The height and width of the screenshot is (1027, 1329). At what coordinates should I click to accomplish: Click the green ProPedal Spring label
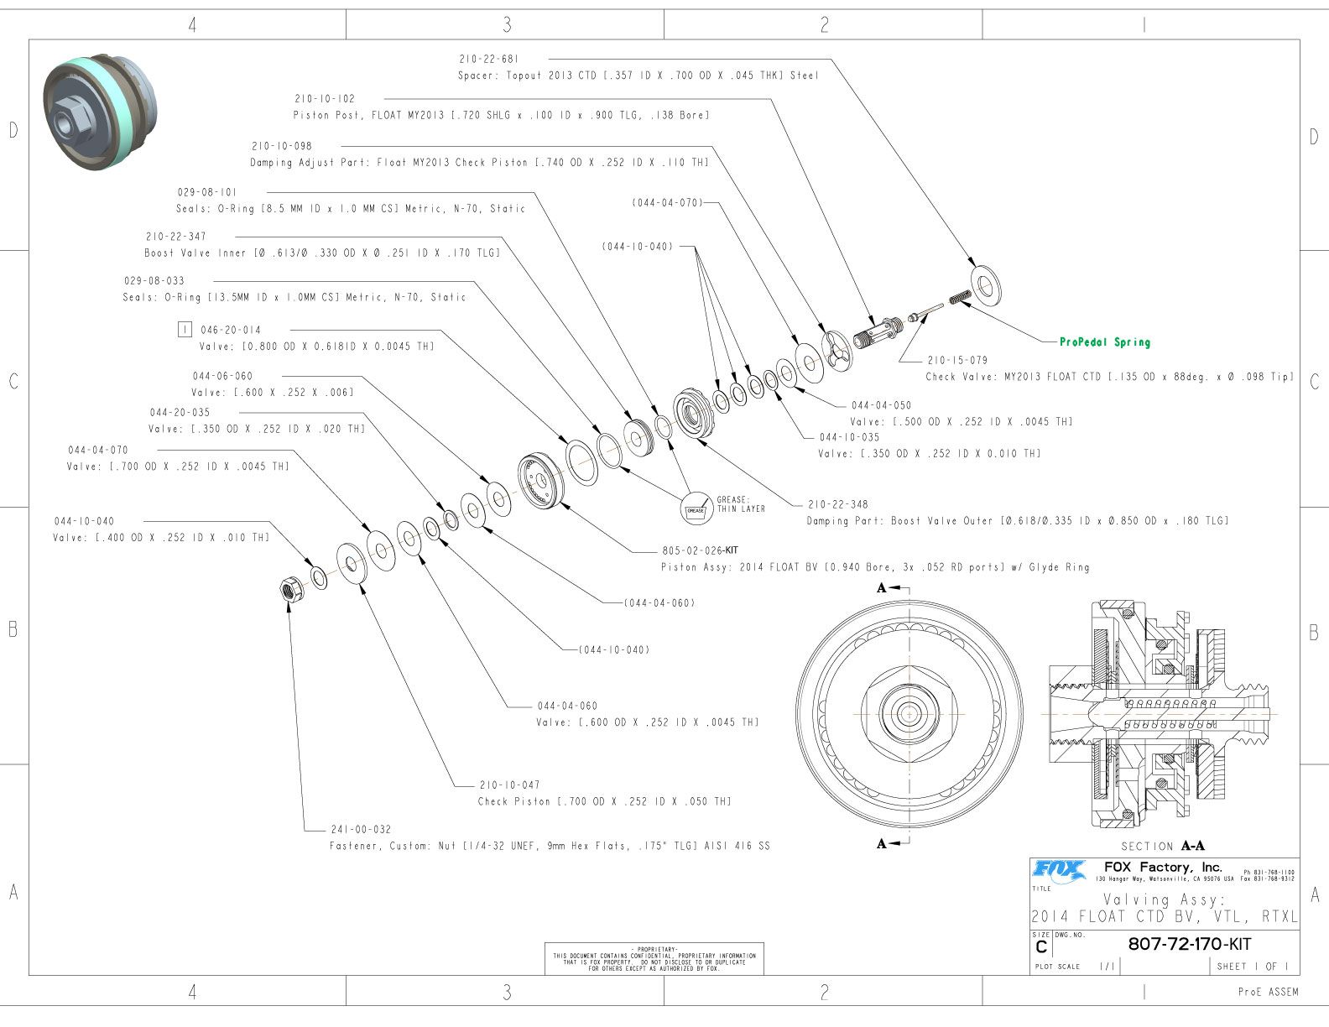1104,342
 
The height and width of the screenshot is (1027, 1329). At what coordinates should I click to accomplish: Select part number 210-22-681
489,60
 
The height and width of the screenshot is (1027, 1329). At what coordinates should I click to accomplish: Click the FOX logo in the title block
1059,870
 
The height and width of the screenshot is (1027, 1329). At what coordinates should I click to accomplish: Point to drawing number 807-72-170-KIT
1189,944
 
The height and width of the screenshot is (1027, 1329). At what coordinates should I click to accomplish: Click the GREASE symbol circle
696,509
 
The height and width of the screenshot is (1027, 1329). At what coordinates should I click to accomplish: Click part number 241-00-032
361,830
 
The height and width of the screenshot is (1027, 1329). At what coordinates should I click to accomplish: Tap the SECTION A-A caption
1163,846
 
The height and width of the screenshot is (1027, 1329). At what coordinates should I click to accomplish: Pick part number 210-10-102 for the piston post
325,99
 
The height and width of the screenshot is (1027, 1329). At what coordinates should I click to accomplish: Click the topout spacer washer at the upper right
986,284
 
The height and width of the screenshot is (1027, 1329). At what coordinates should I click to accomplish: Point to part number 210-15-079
957,361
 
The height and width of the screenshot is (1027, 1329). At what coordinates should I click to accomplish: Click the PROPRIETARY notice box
654,958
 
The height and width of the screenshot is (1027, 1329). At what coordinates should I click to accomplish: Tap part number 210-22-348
838,504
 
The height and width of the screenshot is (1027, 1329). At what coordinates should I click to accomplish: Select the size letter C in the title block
1041,947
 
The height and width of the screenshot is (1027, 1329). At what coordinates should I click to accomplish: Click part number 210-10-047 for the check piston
509,785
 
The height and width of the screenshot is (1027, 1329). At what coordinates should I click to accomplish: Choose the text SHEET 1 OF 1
1252,967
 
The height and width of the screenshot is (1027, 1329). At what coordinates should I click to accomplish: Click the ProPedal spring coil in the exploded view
960,296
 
